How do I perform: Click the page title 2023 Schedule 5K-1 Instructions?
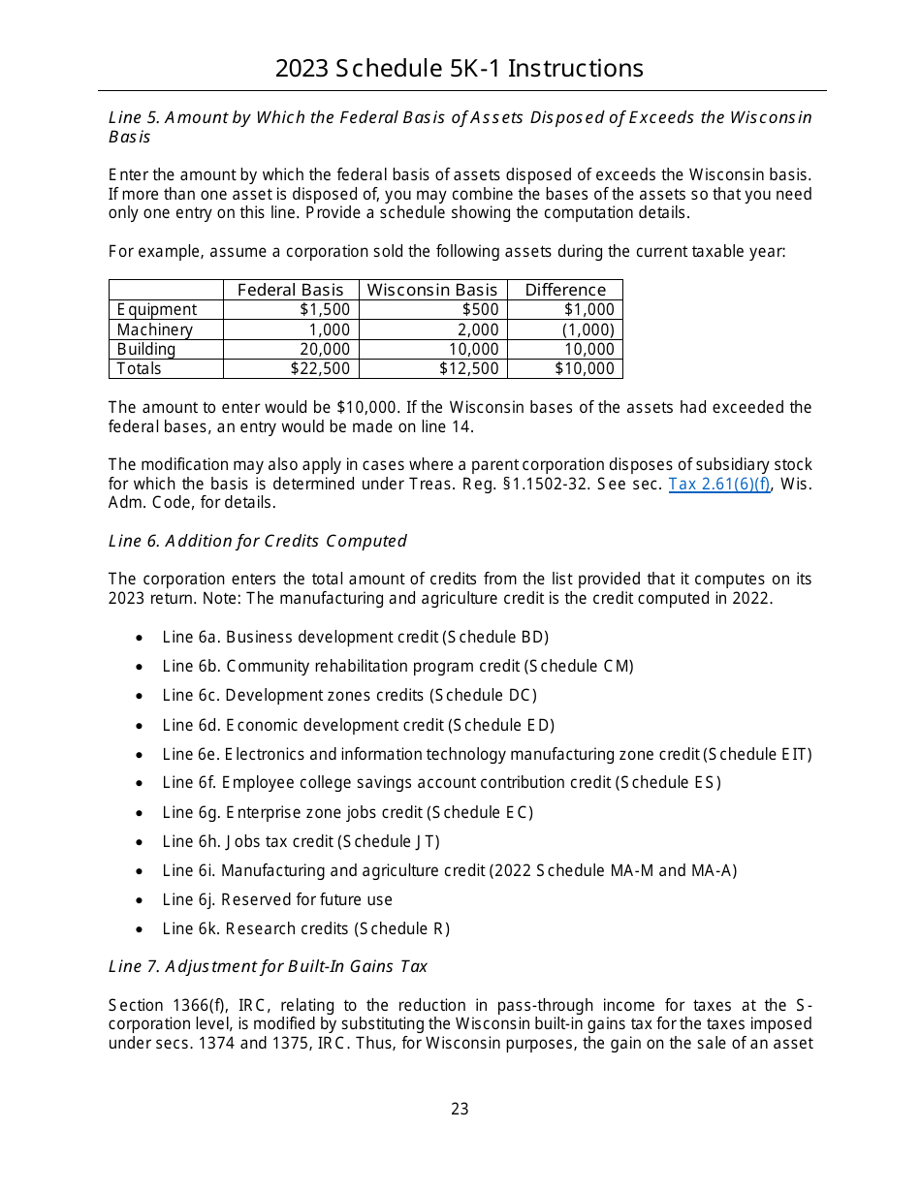pos(460,69)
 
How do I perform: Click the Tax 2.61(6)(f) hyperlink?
pos(719,484)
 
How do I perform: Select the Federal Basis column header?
pos(291,290)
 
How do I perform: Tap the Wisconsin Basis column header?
pos(432,290)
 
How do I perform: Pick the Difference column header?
pos(565,290)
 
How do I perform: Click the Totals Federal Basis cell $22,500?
pos(321,368)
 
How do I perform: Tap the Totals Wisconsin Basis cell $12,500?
pos(469,368)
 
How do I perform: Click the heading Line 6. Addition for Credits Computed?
pos(258,541)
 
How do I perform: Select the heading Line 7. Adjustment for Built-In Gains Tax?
pos(268,966)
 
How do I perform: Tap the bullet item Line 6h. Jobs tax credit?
pos(301,841)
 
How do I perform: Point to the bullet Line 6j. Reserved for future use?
pos(277,899)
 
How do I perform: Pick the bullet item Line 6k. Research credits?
pos(305,928)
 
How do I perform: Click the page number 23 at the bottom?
pos(460,1109)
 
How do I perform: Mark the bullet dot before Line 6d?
pos(142,726)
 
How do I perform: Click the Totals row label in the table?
pos(140,368)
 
